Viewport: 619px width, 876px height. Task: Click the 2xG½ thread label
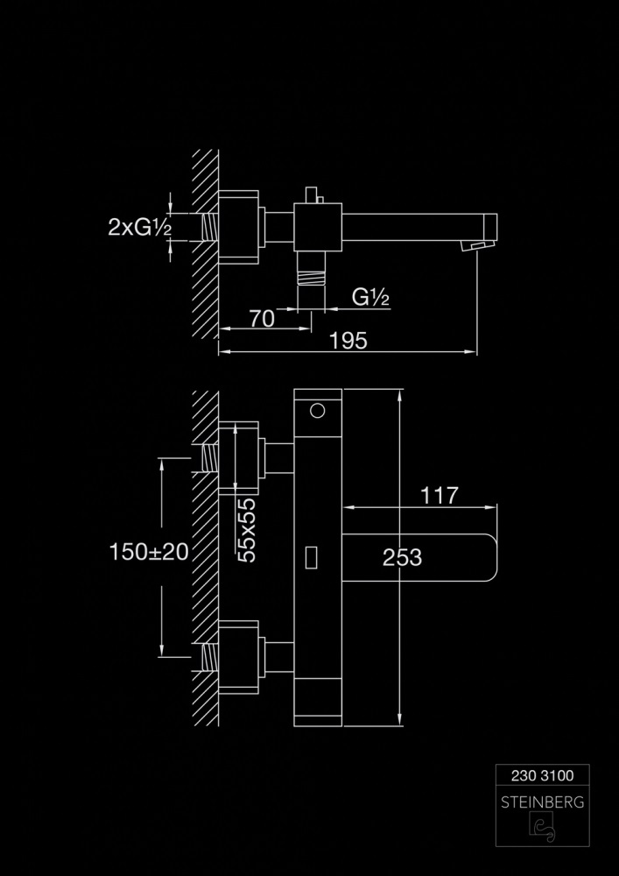(x=139, y=228)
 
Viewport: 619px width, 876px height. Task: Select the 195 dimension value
(x=349, y=341)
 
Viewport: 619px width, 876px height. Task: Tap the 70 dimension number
(x=262, y=318)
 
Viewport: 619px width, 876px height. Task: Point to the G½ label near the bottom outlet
(x=370, y=298)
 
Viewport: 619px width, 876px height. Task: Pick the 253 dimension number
(x=403, y=557)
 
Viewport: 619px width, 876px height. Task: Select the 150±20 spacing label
(x=150, y=552)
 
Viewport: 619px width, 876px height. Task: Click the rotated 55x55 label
(x=247, y=528)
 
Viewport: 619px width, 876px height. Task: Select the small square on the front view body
(x=311, y=555)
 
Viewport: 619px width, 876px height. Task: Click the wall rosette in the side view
(x=239, y=227)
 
